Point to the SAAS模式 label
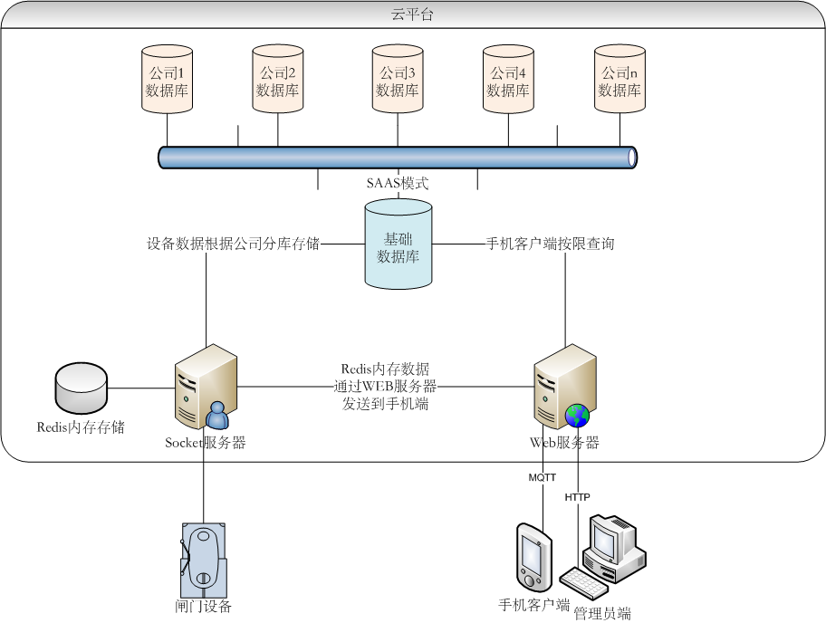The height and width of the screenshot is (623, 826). tap(397, 183)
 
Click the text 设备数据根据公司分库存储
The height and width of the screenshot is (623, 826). tap(233, 244)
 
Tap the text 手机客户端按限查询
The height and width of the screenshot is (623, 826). tap(550, 244)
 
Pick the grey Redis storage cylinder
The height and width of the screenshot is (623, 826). tap(81, 388)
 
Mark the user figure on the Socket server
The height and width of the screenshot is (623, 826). tap(217, 415)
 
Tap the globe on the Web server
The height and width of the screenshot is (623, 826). tap(577, 416)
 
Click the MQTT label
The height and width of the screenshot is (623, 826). tap(543, 477)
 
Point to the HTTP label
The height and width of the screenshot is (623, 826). tap(577, 497)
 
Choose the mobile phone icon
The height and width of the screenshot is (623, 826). tap(532, 555)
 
